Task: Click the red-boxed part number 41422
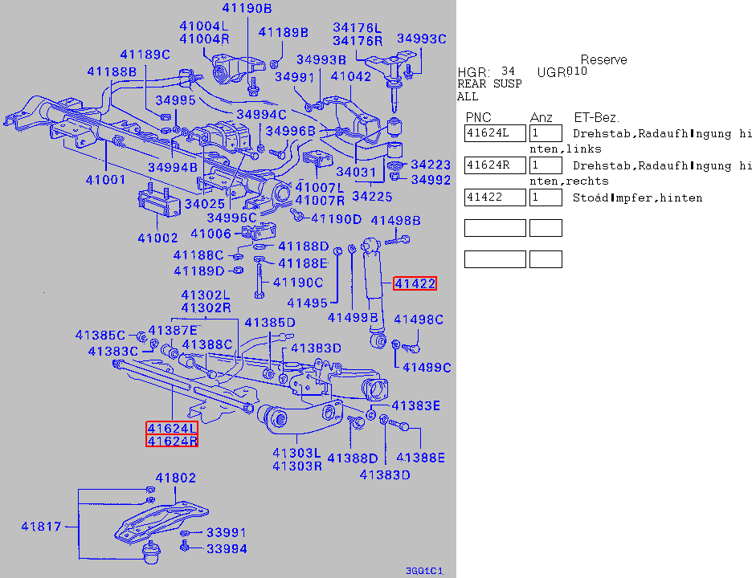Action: [x=415, y=283]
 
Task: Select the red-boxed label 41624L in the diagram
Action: [x=171, y=428]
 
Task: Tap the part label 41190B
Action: [x=247, y=9]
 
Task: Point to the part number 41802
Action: [x=175, y=478]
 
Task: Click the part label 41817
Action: [x=40, y=527]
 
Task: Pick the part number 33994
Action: [x=227, y=549]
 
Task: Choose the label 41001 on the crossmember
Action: [x=106, y=179]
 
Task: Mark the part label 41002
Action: [x=157, y=238]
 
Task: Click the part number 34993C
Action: [x=421, y=39]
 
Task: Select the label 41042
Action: [x=351, y=76]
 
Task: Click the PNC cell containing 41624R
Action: [x=495, y=165]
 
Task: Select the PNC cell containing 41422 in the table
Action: [x=495, y=197]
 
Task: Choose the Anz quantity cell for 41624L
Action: [x=546, y=133]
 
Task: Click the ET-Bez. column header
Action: [x=596, y=117]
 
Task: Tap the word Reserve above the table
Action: [x=603, y=60]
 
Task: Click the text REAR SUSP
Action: [x=489, y=83]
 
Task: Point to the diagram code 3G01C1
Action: [x=425, y=572]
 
